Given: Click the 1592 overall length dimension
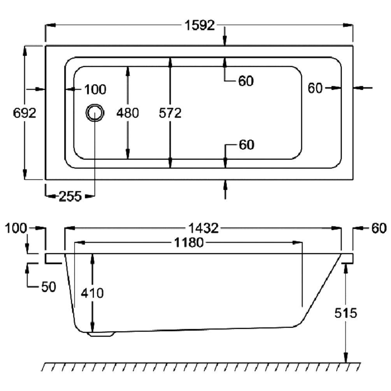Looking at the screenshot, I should point(199,26).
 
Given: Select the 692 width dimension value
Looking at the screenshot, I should point(24,113).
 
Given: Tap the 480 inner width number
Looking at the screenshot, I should point(128,113).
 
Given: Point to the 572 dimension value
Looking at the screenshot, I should point(170,113).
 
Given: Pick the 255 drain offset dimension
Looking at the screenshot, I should point(70,197).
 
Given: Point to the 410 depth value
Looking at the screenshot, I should point(92,293).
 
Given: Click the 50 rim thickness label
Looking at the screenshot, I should point(49,287).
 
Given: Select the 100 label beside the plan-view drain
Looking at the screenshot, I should point(95,89).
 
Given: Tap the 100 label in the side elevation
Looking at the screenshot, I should point(15,228).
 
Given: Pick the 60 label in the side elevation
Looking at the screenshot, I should point(378,228).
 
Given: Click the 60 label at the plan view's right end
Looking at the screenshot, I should point(315,89).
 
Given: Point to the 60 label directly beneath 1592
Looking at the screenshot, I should point(246,81).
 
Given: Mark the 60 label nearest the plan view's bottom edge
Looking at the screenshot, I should point(246,145).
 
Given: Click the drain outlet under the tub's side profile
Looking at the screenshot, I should point(102,333).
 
